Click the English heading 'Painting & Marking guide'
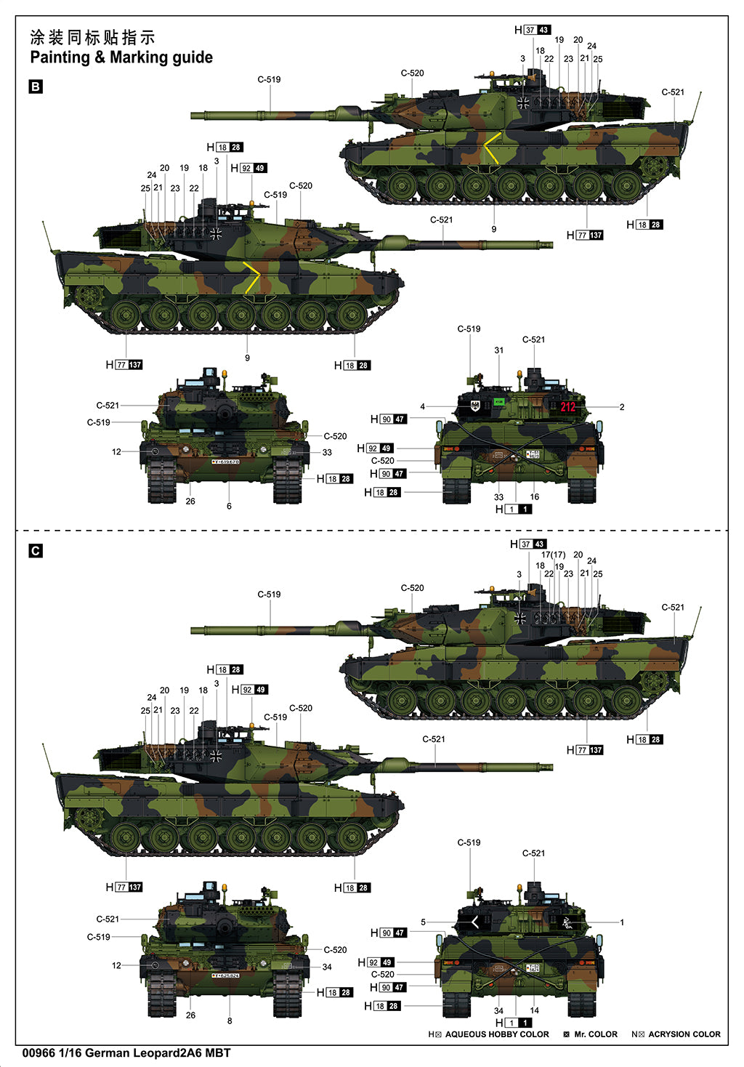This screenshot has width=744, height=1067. tap(121, 57)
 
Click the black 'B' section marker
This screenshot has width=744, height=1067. tap(35, 86)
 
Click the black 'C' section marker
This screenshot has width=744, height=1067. tap(35, 551)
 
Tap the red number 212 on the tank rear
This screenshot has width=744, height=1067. tap(567, 407)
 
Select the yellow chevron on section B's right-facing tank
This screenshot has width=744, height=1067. tap(251, 277)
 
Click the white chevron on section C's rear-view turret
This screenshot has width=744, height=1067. tap(475, 922)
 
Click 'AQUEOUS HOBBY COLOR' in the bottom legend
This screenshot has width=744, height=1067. tap(497, 1034)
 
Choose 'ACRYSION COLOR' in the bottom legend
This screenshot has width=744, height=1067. tap(684, 1034)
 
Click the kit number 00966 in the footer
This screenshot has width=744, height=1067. tap(38, 1052)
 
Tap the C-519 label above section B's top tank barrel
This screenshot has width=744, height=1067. tap(269, 79)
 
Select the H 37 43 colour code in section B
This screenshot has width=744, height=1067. tap(533, 30)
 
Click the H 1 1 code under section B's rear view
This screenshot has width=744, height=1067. tap(514, 510)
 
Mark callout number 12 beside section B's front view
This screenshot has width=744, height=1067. tap(116, 451)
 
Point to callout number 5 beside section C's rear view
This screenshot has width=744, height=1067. tap(423, 922)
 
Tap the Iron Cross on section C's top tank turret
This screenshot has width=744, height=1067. tap(520, 619)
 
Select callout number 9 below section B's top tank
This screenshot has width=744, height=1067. tap(493, 229)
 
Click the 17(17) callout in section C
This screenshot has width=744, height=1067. tap(553, 555)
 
